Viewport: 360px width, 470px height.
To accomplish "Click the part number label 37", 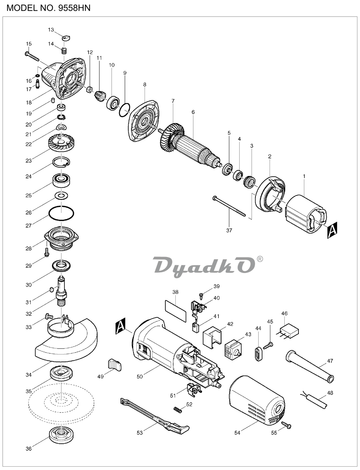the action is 229,230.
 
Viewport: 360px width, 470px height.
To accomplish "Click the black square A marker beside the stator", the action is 332,230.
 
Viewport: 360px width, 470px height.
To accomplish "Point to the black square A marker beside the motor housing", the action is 120,326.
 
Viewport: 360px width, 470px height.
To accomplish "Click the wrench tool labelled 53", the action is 155,416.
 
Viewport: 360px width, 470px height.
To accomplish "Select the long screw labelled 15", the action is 32,56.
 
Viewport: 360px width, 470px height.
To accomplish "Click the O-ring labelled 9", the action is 124,110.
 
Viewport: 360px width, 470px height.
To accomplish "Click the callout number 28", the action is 29,249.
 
